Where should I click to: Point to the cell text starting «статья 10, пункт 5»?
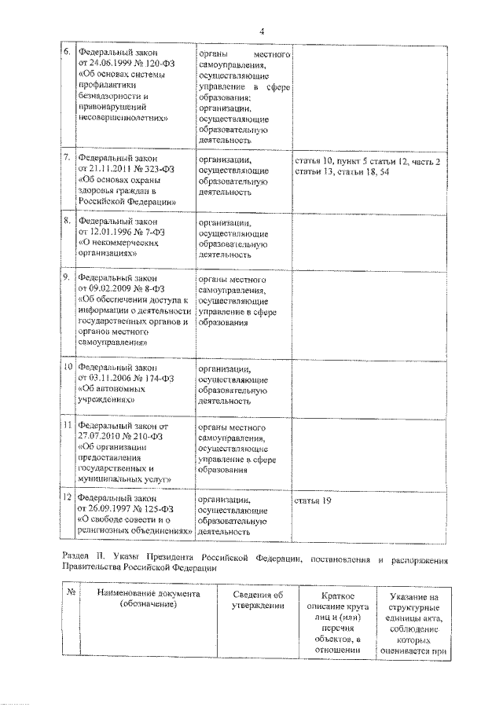(366, 166)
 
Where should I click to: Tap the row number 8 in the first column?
(68, 222)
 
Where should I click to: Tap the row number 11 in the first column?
(68, 426)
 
